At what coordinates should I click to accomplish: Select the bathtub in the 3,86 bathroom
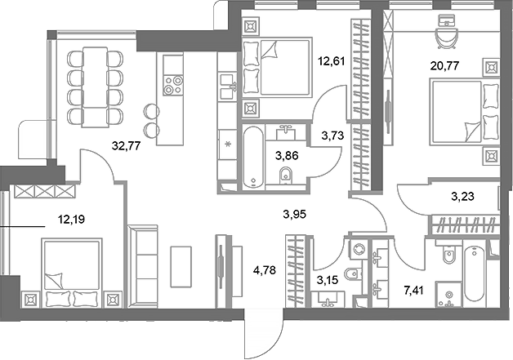click(x=253, y=156)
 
